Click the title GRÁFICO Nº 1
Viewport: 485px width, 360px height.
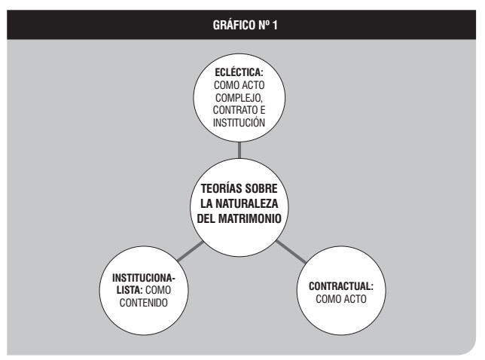click(x=245, y=25)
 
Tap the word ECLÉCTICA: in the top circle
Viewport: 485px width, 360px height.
click(x=239, y=72)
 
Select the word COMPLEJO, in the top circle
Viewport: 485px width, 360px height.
click(x=239, y=98)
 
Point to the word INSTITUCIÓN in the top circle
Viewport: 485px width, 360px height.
click(x=239, y=123)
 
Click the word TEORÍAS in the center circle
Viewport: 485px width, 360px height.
click(x=218, y=188)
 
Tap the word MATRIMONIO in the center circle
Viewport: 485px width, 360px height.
click(x=250, y=218)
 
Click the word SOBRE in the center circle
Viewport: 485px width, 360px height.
click(x=258, y=188)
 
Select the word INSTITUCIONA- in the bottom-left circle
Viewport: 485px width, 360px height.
click(x=144, y=278)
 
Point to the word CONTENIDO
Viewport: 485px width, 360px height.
click(x=144, y=303)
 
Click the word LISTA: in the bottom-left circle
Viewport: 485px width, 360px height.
click(x=130, y=290)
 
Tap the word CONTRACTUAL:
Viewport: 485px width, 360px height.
click(x=341, y=286)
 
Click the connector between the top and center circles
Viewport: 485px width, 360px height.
click(x=239, y=150)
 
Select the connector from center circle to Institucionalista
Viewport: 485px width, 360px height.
click(x=191, y=252)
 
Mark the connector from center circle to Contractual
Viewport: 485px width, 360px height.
click(x=291, y=252)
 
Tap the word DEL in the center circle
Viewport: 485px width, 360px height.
click(x=206, y=218)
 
